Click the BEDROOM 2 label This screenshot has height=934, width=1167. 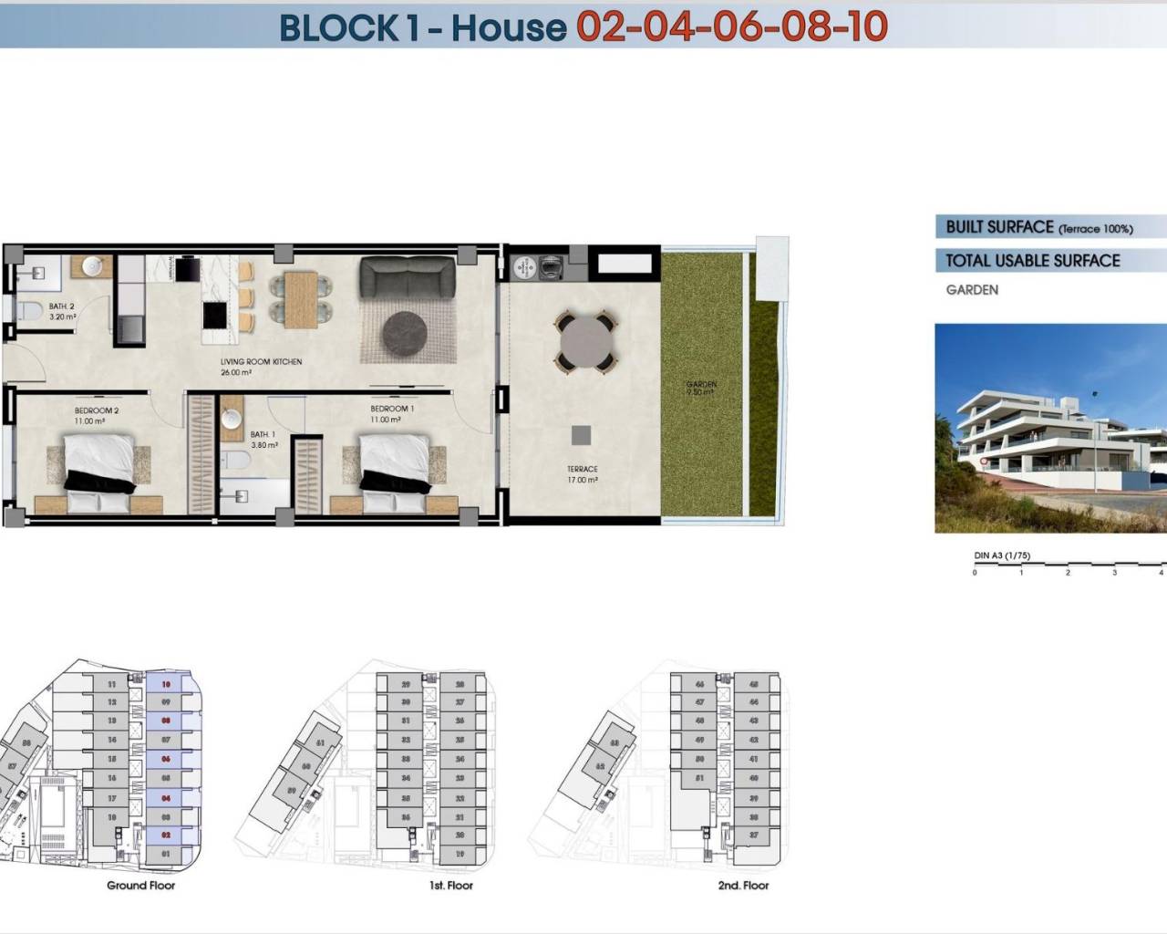97,411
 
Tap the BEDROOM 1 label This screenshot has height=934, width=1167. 392,409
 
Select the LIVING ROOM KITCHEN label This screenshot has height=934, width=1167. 261,362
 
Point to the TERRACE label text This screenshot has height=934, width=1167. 582,469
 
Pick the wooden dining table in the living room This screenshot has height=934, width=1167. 300,299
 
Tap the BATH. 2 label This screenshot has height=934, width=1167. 62,306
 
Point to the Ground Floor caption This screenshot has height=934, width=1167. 140,886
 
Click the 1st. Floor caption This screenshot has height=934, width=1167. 451,886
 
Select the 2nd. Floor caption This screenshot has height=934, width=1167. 743,886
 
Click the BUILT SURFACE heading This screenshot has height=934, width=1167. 999,227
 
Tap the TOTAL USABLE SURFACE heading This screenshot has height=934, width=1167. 1032,261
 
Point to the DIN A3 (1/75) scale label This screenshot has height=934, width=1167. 1002,555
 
